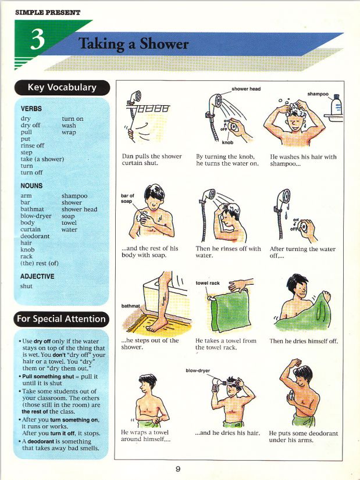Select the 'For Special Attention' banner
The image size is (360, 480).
(62, 318)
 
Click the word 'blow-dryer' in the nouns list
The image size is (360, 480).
(36, 216)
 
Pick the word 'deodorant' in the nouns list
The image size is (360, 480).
(35, 236)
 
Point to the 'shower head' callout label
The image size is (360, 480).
(245, 89)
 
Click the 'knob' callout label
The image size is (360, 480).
(228, 142)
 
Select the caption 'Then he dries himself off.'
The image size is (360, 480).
(303, 341)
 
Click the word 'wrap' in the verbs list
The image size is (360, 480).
(69, 132)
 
